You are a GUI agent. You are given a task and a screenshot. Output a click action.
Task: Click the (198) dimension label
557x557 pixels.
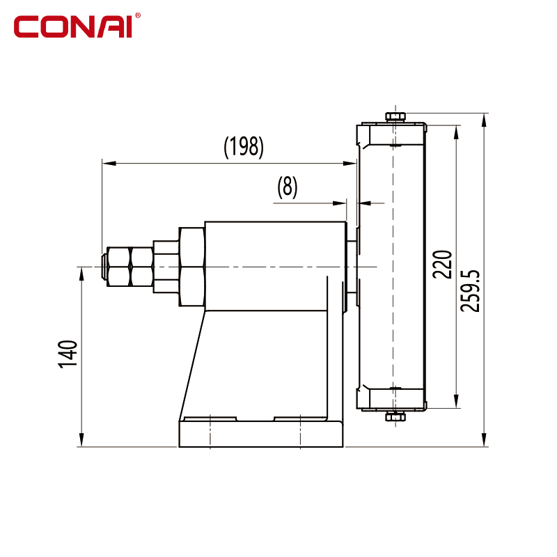coord(244,147)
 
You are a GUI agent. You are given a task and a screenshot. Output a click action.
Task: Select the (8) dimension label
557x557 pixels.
coord(287,187)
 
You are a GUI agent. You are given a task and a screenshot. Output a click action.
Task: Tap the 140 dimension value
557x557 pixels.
coord(68,354)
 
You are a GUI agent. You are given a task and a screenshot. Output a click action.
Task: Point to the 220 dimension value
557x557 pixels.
coord(442,265)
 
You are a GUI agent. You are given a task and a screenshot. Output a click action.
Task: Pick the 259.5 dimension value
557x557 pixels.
coord(469,291)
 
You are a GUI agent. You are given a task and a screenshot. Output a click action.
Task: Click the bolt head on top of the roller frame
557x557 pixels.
coord(395,117)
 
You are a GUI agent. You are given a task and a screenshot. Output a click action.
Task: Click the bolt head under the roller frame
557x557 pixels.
coord(395,416)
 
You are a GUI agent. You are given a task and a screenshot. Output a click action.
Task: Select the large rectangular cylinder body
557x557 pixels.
coord(276,266)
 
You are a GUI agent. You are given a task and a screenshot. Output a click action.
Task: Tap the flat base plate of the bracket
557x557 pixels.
coord(261,434)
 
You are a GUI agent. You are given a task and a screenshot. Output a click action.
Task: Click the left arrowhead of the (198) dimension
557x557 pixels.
coord(109,164)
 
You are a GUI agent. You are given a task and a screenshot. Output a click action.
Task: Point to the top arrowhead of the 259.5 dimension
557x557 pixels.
coord(484,120)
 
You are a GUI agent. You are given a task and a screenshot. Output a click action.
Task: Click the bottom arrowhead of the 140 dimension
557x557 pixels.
coord(81,440)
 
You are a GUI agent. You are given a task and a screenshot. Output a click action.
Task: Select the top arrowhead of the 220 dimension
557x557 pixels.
coord(457,132)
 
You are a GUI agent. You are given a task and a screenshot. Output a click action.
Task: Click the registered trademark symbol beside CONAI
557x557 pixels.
coord(137,15)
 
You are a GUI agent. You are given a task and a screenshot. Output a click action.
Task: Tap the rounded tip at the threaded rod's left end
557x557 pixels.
coord(104,267)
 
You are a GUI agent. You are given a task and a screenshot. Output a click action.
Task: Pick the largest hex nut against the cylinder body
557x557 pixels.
coord(192,267)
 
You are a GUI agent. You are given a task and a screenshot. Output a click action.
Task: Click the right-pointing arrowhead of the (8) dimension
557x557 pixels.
coord(339,203)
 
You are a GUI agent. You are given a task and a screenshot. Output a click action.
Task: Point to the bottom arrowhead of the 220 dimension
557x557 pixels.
coord(457,402)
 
